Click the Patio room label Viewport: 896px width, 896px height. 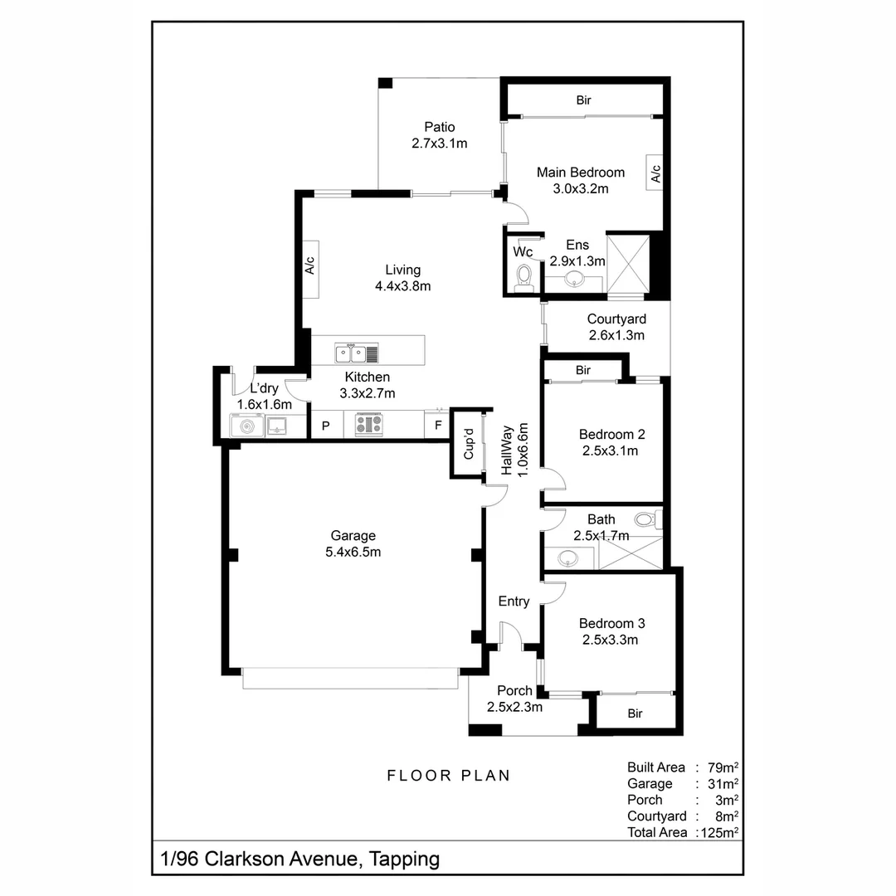pyautogui.click(x=440, y=128)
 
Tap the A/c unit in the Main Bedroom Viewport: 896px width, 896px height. pyautogui.click(x=655, y=173)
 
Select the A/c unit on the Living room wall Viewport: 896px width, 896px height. pyautogui.click(x=310, y=268)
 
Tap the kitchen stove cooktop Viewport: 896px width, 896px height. pyautogui.click(x=369, y=425)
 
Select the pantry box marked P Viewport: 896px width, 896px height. pyautogui.click(x=326, y=426)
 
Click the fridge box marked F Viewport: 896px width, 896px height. pyautogui.click(x=437, y=426)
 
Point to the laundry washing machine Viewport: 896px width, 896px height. pyautogui.click(x=246, y=426)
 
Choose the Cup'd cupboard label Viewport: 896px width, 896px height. pyautogui.click(x=468, y=444)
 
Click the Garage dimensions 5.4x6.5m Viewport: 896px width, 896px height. pyautogui.click(x=353, y=552)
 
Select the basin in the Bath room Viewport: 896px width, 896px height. pyautogui.click(x=568, y=557)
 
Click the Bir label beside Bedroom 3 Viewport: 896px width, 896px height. pyautogui.click(x=635, y=713)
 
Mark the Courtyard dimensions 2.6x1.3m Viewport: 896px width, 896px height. pyautogui.click(x=616, y=335)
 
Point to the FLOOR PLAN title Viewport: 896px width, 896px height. pyautogui.click(x=449, y=776)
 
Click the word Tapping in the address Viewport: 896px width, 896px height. pyautogui.click(x=405, y=859)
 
